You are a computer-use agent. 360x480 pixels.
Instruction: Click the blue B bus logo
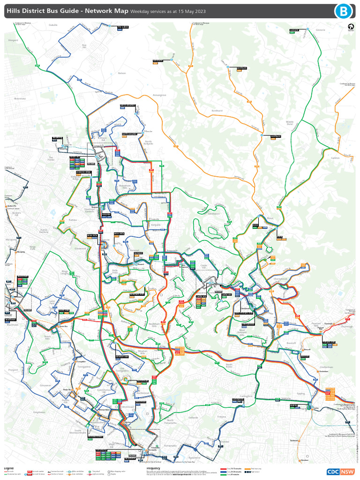click(344, 11)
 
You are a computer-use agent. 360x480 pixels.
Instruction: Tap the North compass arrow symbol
click(350, 27)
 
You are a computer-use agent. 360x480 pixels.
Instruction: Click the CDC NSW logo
click(341, 472)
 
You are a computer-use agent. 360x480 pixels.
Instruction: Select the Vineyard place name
click(13, 40)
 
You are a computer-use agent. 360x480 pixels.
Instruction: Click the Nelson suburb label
click(122, 73)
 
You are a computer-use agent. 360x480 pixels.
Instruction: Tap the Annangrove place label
click(159, 95)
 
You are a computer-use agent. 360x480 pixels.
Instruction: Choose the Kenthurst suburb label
click(217, 111)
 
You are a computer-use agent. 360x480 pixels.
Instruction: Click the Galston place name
click(335, 158)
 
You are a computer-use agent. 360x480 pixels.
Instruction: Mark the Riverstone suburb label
click(20, 99)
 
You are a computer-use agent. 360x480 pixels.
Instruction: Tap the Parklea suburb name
click(72, 219)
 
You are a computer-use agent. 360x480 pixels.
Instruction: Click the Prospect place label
click(13, 370)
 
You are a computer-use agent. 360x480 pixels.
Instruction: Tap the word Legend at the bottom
click(9, 468)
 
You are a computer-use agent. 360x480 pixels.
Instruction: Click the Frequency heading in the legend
click(153, 468)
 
